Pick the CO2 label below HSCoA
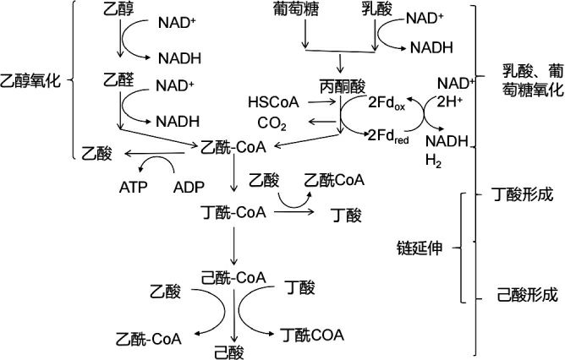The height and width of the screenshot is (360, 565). [272, 125]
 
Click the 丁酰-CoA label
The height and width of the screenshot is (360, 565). [233, 210]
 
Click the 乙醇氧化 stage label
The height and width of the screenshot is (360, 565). [32, 81]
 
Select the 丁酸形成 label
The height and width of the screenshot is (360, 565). [523, 194]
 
